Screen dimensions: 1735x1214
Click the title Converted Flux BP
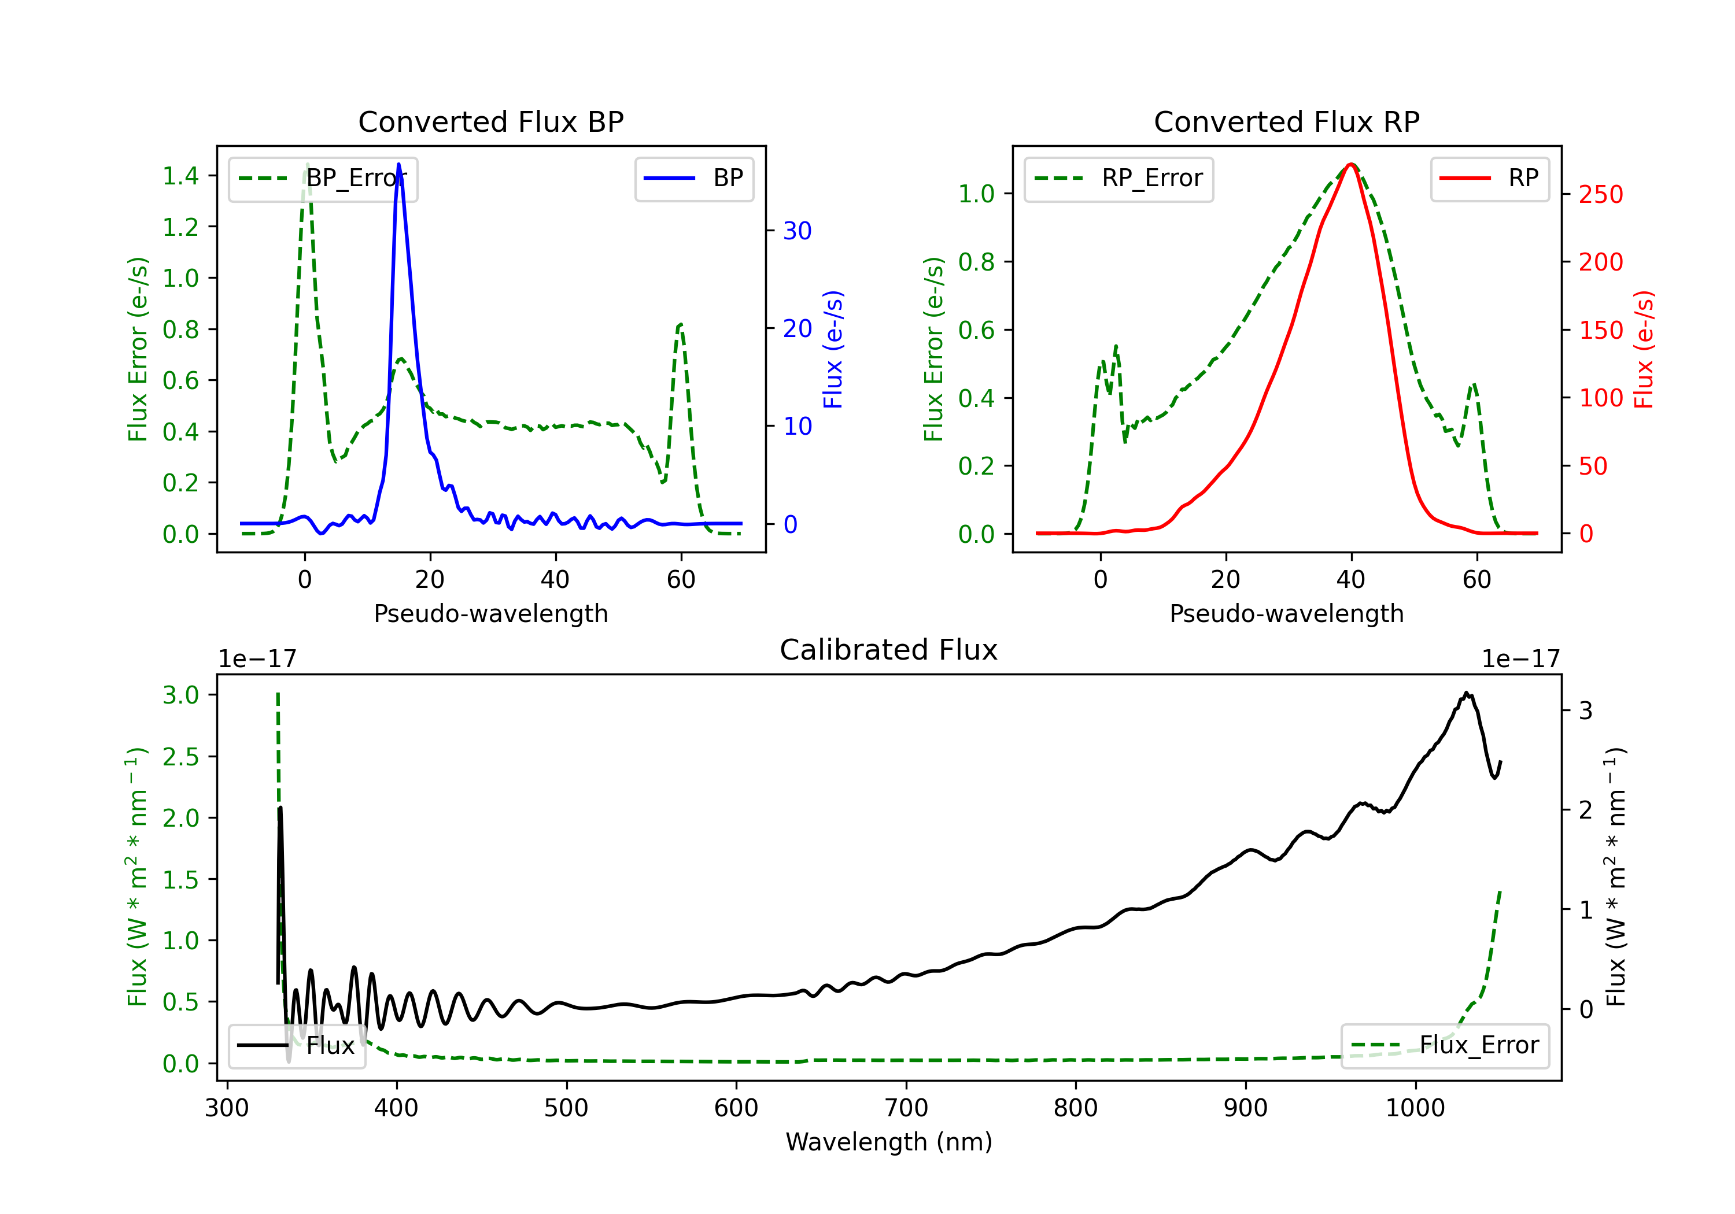(491, 121)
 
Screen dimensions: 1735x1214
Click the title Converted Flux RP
(1287, 121)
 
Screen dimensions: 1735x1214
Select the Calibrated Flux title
(889, 650)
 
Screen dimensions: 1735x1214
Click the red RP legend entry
(1489, 178)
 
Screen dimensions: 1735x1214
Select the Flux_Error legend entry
(1445, 1046)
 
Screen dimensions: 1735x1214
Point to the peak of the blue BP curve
(399, 164)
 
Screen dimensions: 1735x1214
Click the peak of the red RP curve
(1351, 164)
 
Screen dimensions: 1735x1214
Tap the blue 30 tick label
(797, 231)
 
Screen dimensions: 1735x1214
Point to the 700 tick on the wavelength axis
(906, 1108)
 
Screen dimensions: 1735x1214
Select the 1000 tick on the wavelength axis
(1415, 1108)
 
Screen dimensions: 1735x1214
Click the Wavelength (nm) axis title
(889, 1142)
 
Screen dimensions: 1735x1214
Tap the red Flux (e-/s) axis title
(1644, 349)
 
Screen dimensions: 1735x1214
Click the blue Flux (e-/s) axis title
(833, 349)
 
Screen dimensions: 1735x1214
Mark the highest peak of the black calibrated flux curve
(1466, 693)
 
